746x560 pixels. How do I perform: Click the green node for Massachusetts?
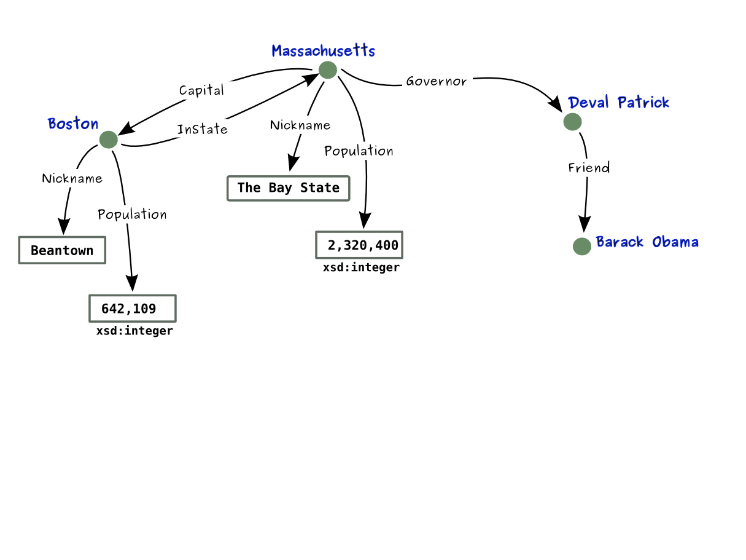327,70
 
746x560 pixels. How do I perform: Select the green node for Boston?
108,140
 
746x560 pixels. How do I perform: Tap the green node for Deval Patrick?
572,122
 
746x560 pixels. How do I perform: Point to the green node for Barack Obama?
581,246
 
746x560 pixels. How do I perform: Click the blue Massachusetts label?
323,51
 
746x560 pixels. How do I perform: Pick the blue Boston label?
73,124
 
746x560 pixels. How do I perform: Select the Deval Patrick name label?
618,103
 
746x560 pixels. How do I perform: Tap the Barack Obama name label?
647,242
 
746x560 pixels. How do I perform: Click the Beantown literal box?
62,250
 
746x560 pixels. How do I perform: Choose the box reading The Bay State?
288,188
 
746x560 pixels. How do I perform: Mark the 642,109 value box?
133,309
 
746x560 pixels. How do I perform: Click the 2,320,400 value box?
360,245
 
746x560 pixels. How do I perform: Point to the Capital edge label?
201,90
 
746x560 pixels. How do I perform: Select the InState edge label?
202,130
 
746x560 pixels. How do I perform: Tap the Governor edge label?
436,81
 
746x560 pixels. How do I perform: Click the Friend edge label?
589,168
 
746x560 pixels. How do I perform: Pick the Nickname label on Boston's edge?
72,179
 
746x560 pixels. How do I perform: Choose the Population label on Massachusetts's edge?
359,151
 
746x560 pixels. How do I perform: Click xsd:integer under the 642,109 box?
134,331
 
